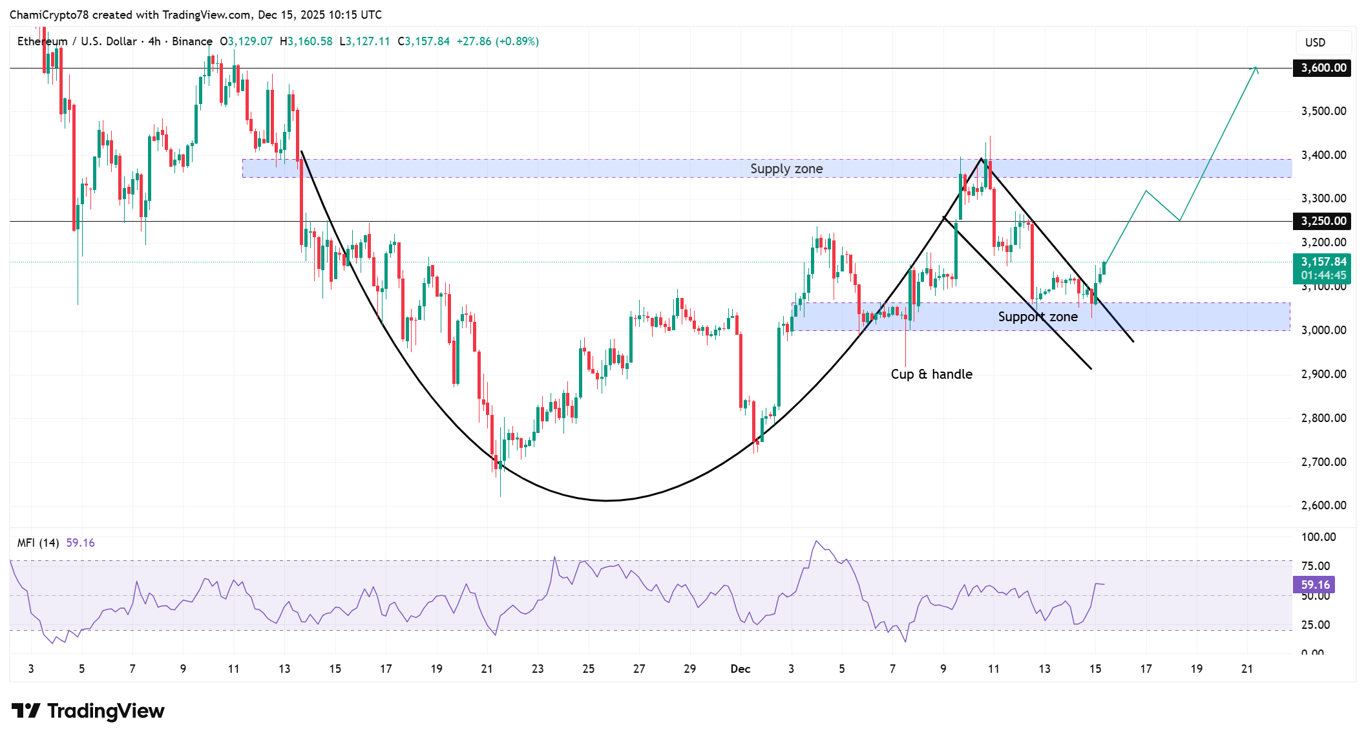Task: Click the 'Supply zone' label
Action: click(786, 169)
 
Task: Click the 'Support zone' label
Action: click(1037, 317)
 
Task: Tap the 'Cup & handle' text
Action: click(931, 374)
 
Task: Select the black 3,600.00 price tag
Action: click(1322, 68)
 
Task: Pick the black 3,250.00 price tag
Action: click(1322, 221)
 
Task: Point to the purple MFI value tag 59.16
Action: click(1314, 585)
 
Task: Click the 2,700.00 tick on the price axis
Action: click(1323, 462)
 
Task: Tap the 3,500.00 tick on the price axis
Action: click(1323, 111)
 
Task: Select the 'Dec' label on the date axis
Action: click(740, 669)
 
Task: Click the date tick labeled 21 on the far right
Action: click(1247, 669)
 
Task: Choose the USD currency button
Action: click(1315, 43)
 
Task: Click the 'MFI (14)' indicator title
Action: click(38, 543)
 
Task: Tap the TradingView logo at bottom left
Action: click(88, 711)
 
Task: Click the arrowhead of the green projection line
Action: click(1256, 69)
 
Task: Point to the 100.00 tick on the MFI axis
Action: click(1318, 537)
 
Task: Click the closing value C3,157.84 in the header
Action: click(424, 41)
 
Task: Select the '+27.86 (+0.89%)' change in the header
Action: click(498, 41)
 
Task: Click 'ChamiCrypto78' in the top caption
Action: click(48, 14)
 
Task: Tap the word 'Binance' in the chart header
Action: click(192, 41)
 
